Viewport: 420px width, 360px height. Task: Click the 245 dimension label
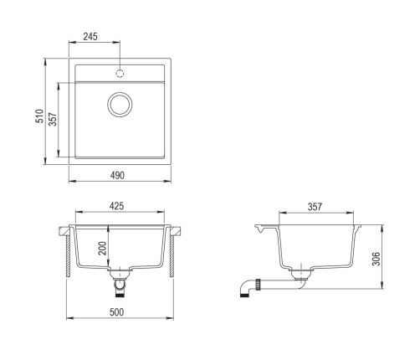90,37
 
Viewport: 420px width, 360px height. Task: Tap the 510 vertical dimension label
39,116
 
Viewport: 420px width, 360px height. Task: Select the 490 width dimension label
117,176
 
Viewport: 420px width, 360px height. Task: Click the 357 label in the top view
53,119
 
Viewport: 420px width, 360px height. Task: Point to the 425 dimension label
116,206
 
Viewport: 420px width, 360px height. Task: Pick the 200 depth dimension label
102,248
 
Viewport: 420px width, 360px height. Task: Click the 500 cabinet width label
116,312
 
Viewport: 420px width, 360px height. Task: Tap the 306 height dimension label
376,259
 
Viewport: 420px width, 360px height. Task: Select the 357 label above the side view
315,207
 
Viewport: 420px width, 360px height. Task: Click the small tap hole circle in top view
120,74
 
